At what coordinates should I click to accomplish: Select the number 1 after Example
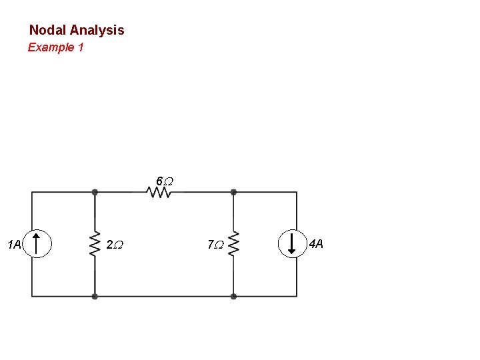(x=81, y=47)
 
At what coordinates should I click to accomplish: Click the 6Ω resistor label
(x=164, y=181)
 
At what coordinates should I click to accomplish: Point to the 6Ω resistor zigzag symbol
(x=159, y=192)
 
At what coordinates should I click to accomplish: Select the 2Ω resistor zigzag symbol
(x=95, y=245)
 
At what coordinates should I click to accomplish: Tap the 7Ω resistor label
(x=214, y=245)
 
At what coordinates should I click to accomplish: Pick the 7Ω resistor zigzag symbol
(x=233, y=245)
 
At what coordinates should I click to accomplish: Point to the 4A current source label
(x=316, y=243)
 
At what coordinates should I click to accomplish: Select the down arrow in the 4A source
(x=291, y=243)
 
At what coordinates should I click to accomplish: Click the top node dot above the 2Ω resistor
(x=95, y=192)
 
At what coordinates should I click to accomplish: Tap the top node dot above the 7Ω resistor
(x=233, y=192)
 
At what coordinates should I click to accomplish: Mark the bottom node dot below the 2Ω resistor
(x=95, y=296)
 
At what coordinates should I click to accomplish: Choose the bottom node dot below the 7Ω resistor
(x=233, y=296)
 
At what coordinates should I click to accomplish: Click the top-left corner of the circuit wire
(x=32, y=192)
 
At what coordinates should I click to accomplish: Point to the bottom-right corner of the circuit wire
(x=297, y=296)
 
